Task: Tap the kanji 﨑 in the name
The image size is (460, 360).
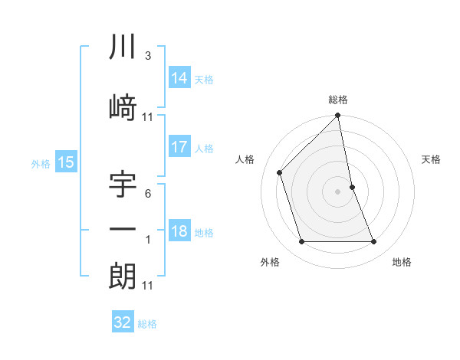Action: tap(123, 106)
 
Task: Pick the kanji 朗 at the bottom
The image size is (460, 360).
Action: tap(123, 277)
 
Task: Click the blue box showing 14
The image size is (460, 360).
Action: tap(179, 77)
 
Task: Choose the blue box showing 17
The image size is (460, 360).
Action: tap(179, 147)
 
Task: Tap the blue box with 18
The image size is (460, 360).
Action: tap(179, 231)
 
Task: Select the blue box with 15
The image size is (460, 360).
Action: tap(66, 162)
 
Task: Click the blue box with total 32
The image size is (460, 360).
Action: tap(123, 322)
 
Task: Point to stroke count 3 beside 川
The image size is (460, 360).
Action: tap(147, 56)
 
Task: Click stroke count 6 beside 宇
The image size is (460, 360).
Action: tap(147, 195)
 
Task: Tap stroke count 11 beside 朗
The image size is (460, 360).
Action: tap(148, 286)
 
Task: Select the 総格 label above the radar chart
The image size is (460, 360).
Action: tap(338, 100)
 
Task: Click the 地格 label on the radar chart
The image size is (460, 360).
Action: tap(402, 262)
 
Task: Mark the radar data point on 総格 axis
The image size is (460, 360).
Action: tap(337, 116)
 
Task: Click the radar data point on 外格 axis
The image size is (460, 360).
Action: tap(301, 242)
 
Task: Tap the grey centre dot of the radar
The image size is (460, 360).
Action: tap(338, 191)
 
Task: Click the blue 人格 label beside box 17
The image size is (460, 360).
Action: tap(204, 149)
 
